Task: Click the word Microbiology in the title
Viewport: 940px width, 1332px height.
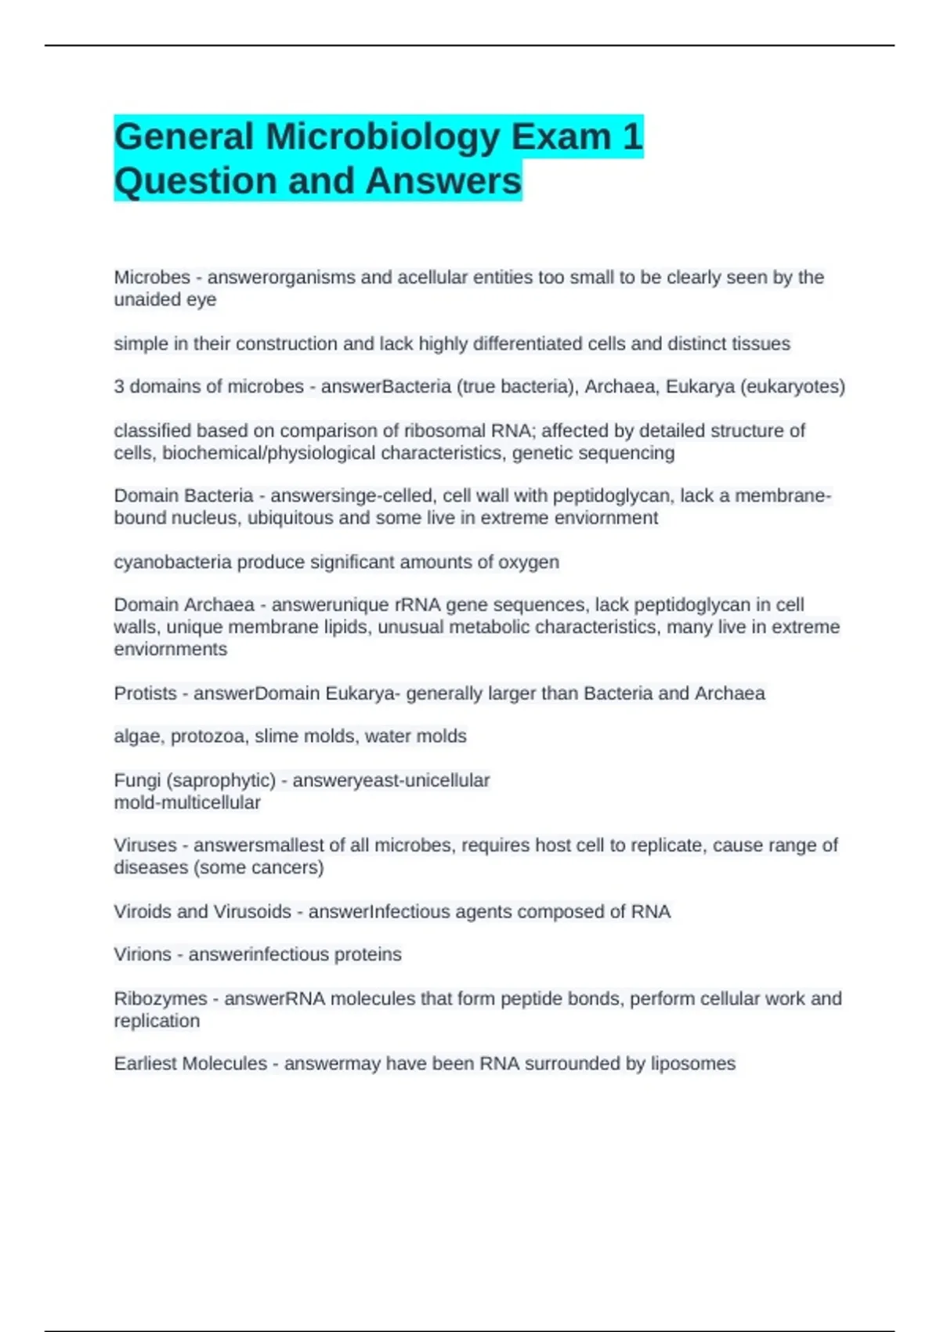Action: coord(382,137)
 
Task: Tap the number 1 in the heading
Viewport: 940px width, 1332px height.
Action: coord(632,137)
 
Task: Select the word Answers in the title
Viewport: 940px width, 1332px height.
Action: coord(443,181)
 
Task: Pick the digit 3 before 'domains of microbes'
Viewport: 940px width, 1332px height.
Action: coord(119,386)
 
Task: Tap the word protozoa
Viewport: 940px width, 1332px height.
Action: coord(207,737)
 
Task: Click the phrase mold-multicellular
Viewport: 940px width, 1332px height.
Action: coord(187,802)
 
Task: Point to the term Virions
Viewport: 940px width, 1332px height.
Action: coord(143,954)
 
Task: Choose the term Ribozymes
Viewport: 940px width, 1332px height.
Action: coord(161,998)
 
